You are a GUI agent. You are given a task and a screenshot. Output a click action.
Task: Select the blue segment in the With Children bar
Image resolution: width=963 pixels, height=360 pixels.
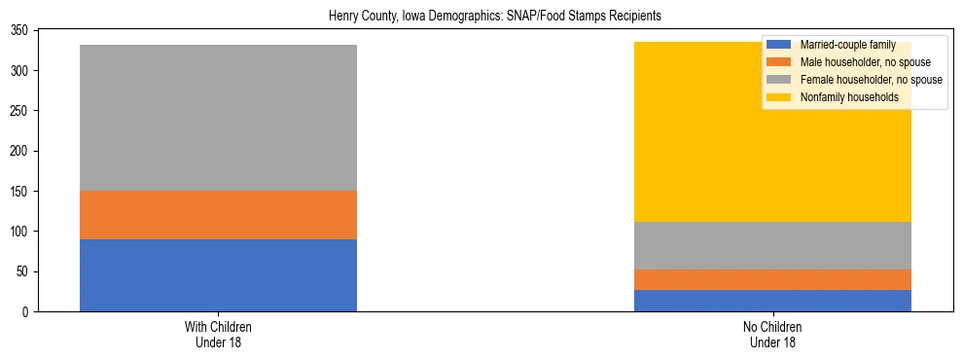218,275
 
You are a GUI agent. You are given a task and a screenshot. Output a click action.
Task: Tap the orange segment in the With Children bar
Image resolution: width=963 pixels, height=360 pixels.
218,215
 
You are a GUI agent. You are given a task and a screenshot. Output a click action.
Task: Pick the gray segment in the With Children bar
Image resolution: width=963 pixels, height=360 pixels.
218,118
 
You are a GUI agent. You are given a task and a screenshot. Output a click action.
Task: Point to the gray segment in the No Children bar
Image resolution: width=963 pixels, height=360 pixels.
772,245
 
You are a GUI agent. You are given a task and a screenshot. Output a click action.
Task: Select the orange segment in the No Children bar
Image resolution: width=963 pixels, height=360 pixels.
772,279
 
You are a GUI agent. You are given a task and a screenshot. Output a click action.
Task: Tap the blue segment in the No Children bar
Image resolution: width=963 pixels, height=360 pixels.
772,301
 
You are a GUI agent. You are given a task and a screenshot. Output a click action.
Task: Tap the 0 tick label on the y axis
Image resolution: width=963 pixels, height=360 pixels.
31,312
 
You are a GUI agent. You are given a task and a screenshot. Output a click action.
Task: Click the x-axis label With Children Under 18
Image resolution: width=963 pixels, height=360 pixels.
218,334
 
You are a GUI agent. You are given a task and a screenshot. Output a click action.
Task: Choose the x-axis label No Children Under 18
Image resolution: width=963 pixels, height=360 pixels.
772,334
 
